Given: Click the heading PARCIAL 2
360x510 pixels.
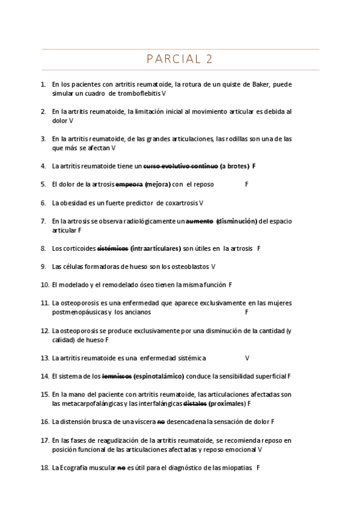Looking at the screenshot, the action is pyautogui.click(x=180, y=59).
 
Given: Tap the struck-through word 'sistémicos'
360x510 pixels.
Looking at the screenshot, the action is pyautogui.click(x=112, y=248).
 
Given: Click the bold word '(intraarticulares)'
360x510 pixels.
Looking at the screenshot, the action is pyautogui.click(x=156, y=248).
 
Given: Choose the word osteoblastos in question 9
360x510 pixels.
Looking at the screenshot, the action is pyautogui.click(x=191, y=266).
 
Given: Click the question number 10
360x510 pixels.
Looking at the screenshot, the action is pyautogui.click(x=44, y=285).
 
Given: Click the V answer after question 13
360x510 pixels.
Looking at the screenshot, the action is pyautogui.click(x=247, y=358).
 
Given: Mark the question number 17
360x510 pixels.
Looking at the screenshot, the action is pyautogui.click(x=44, y=440).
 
